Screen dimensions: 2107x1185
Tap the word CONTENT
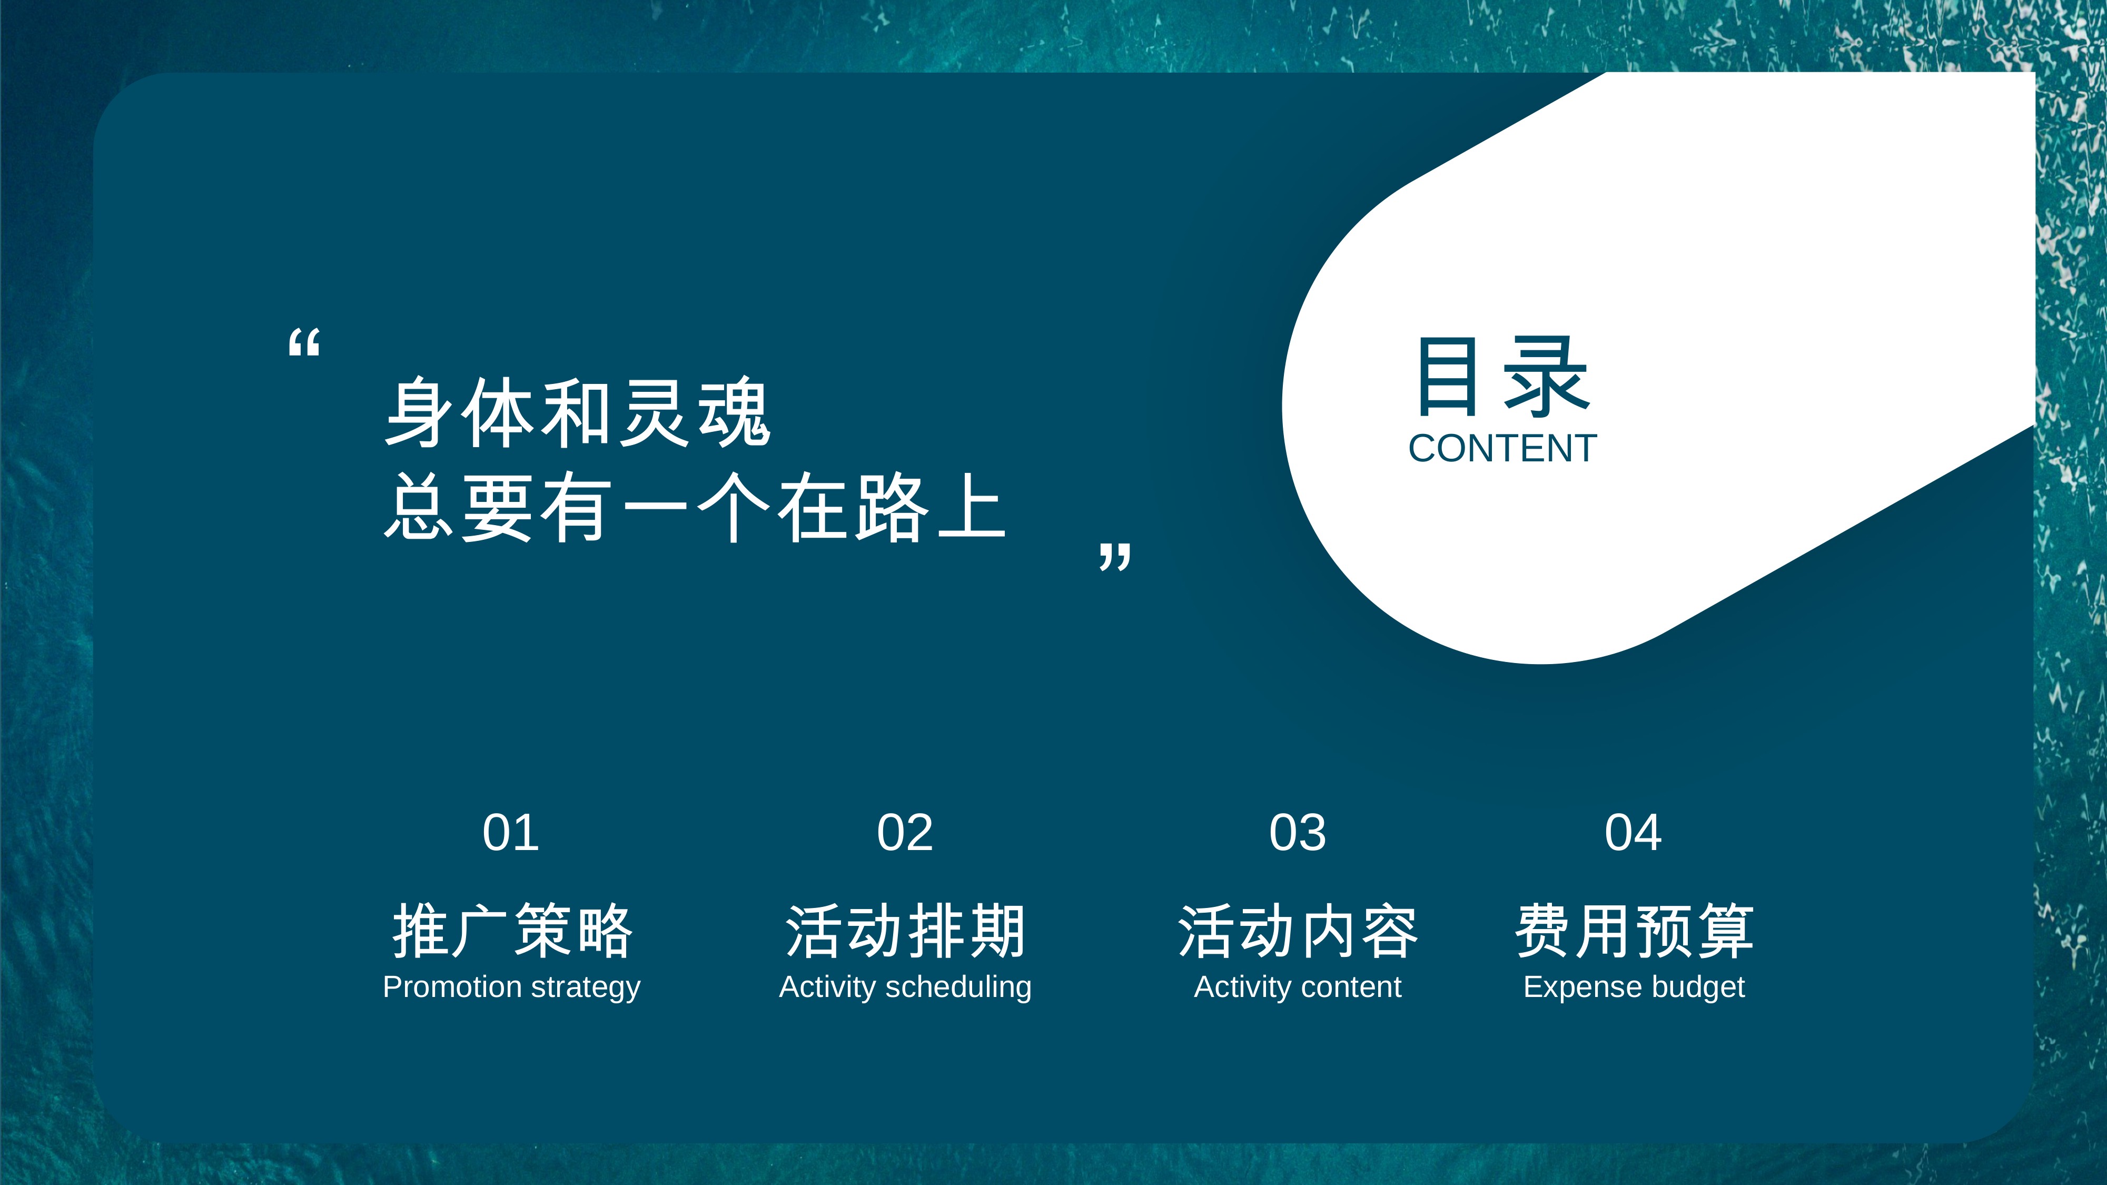(x=1502, y=449)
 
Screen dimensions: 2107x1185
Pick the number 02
(x=905, y=833)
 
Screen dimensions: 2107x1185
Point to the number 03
(x=1297, y=833)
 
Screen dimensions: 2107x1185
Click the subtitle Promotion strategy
(x=512, y=987)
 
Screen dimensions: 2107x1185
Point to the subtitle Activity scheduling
(x=905, y=987)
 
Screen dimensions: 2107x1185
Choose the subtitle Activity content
(x=1298, y=986)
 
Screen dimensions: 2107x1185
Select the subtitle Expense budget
(x=1634, y=987)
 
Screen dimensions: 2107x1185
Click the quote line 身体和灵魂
(x=578, y=413)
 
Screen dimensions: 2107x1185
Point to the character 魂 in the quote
(x=734, y=413)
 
